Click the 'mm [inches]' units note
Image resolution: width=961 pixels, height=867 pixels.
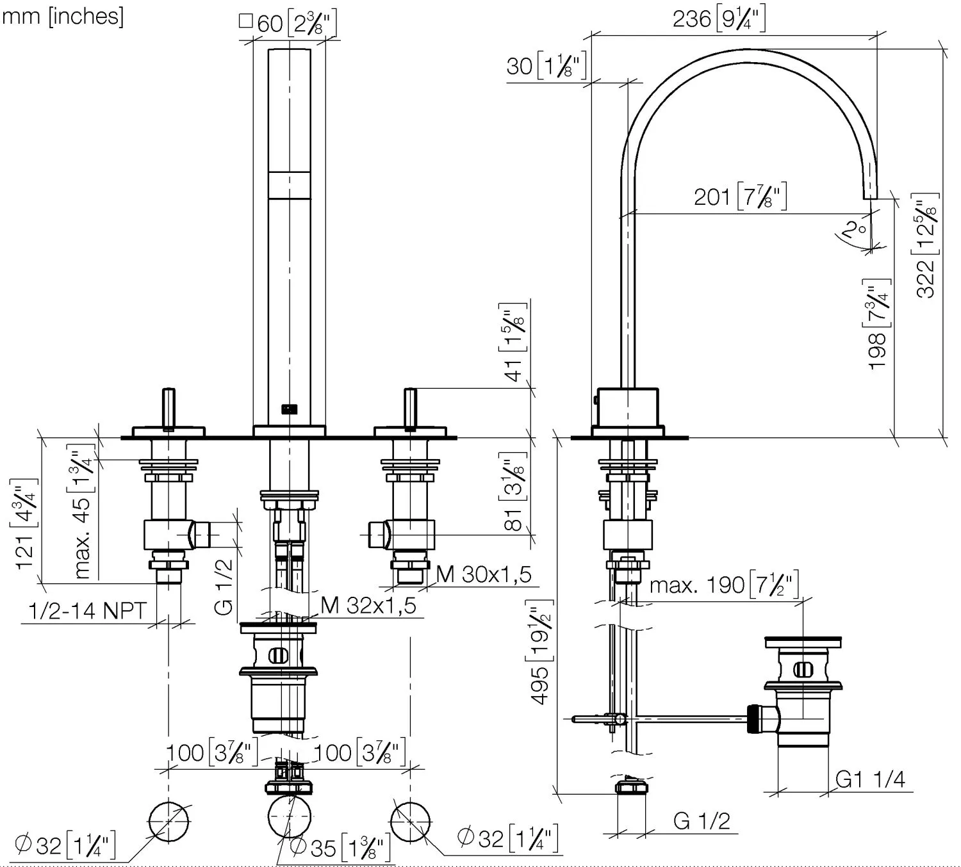point(62,16)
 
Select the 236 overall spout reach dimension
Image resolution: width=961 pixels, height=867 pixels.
point(718,19)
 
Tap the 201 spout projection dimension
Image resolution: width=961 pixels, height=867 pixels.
point(740,196)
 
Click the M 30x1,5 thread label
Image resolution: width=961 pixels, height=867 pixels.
point(484,574)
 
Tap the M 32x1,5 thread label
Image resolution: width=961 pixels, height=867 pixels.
point(368,604)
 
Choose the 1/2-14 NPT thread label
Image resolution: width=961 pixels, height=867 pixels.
point(88,611)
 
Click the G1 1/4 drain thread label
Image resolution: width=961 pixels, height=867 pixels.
point(870,779)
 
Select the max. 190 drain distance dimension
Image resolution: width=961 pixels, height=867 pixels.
point(724,585)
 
